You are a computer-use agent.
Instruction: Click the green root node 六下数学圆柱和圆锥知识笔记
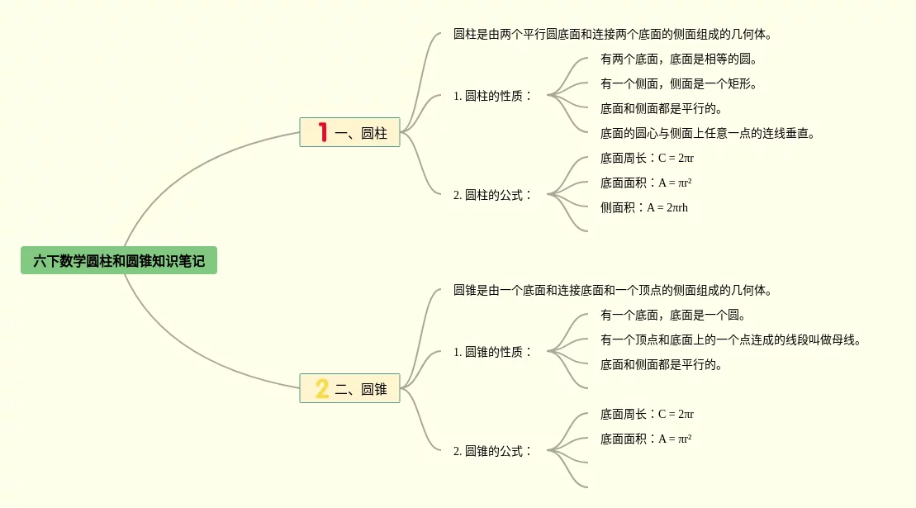119,261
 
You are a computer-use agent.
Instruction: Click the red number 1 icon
322,132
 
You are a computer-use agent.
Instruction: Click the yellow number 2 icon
322,388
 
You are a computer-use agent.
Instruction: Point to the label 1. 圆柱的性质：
493,96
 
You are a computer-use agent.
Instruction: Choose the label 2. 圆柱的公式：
493,195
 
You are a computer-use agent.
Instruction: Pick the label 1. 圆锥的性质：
493,352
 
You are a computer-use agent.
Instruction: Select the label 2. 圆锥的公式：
493,451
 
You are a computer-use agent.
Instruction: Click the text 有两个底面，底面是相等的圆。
679,59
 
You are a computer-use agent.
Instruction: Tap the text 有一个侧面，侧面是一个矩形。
679,84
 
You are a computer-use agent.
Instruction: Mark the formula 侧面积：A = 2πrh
644,207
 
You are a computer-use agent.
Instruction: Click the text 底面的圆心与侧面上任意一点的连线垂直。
708,134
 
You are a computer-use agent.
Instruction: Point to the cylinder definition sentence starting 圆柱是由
612,35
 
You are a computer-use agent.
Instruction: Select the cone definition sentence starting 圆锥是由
612,291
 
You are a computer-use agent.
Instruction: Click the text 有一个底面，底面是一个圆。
673,316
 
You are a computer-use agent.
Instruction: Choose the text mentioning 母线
731,340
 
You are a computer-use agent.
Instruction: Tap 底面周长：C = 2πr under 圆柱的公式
647,158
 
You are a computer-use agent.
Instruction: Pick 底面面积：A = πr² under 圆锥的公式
646,439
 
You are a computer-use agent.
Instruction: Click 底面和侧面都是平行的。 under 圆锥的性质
662,365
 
